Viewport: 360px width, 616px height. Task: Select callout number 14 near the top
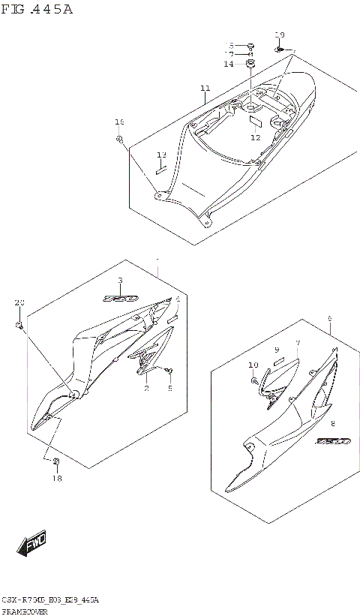click(x=228, y=65)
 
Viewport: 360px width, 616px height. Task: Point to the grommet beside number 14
click(x=251, y=64)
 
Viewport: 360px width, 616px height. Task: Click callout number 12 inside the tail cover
click(x=256, y=137)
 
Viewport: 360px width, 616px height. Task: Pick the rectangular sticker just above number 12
click(x=255, y=119)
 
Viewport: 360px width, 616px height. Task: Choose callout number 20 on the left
click(x=19, y=302)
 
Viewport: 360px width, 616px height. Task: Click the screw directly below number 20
click(x=19, y=325)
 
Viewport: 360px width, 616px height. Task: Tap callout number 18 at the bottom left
click(x=56, y=477)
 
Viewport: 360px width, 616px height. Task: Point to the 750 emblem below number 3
click(x=121, y=298)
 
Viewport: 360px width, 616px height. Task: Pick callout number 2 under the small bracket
click(x=147, y=388)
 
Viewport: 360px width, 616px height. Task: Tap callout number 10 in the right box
click(x=253, y=365)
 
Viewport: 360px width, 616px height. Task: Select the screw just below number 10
click(x=253, y=380)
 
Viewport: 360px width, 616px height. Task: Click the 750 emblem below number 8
click(x=331, y=441)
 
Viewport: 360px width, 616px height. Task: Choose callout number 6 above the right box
click(x=329, y=319)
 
